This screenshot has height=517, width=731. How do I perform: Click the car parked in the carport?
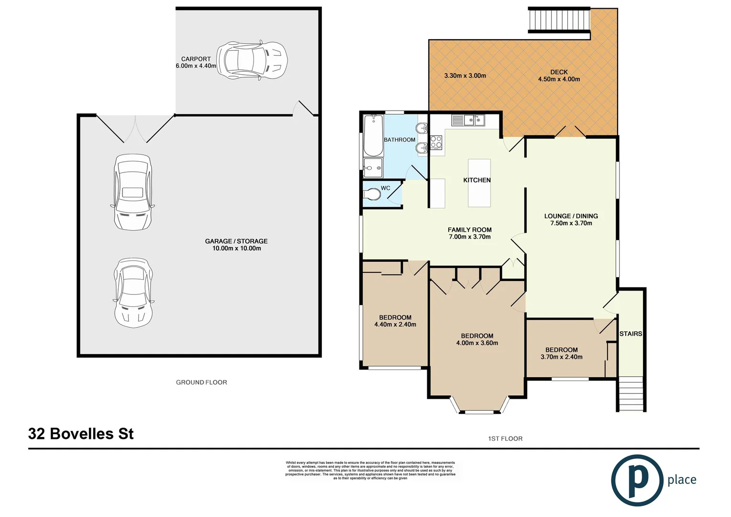[252, 60]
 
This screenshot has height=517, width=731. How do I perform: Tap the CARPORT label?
[196, 59]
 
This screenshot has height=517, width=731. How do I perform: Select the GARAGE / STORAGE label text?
[236, 241]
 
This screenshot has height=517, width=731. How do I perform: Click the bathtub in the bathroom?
[373, 135]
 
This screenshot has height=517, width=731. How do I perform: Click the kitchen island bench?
[479, 183]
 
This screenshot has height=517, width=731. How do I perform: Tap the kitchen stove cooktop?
[436, 142]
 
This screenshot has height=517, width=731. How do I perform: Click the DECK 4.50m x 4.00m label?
[559, 76]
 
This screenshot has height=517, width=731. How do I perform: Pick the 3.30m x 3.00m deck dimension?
[465, 76]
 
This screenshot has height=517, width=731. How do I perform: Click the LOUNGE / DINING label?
[571, 216]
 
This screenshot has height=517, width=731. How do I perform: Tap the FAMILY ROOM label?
[469, 230]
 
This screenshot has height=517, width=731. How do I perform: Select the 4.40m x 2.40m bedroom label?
[395, 321]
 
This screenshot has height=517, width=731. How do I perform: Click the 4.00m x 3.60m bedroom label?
[477, 339]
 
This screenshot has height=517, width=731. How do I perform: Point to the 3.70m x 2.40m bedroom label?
[561, 353]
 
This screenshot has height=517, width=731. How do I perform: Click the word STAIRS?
[631, 334]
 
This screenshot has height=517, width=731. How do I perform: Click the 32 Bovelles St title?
[81, 434]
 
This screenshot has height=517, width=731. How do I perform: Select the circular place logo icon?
[637, 480]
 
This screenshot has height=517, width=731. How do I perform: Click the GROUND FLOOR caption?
[201, 382]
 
